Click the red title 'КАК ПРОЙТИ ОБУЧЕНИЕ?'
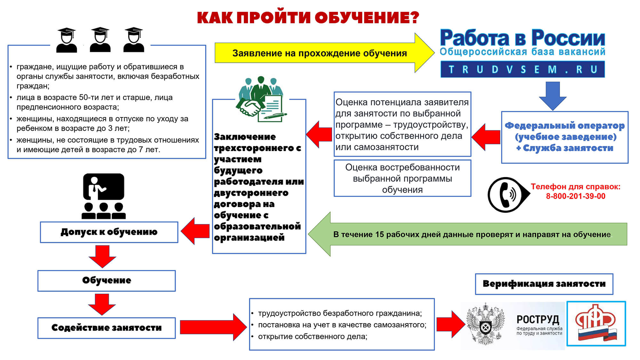[x=308, y=18]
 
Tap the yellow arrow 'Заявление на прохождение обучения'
[x=320, y=53]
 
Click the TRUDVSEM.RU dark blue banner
[x=523, y=69]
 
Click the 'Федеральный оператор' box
[x=564, y=137]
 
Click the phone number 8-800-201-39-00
[x=575, y=196]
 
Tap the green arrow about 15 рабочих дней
[x=470, y=234]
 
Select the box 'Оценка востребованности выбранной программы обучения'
[x=402, y=178]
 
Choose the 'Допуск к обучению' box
[x=109, y=232]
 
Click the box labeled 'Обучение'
[x=107, y=281]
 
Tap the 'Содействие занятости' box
[x=107, y=328]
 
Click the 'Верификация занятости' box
[x=544, y=284]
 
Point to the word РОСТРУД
[x=538, y=319]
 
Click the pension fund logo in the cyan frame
[x=596, y=323]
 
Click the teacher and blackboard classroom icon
[x=103, y=196]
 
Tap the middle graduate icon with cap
[x=100, y=40]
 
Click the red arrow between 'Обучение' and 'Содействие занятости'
[x=102, y=304]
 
